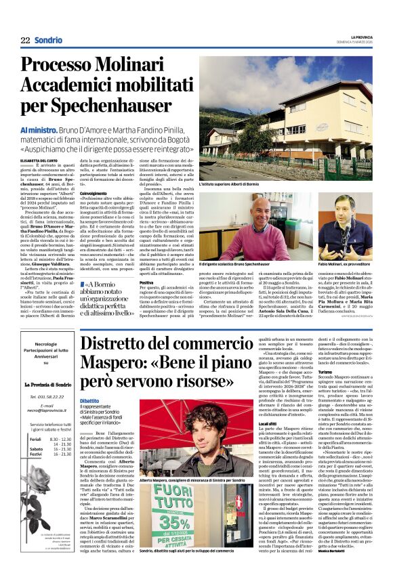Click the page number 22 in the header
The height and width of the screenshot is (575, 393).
pyautogui.click(x=25, y=40)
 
